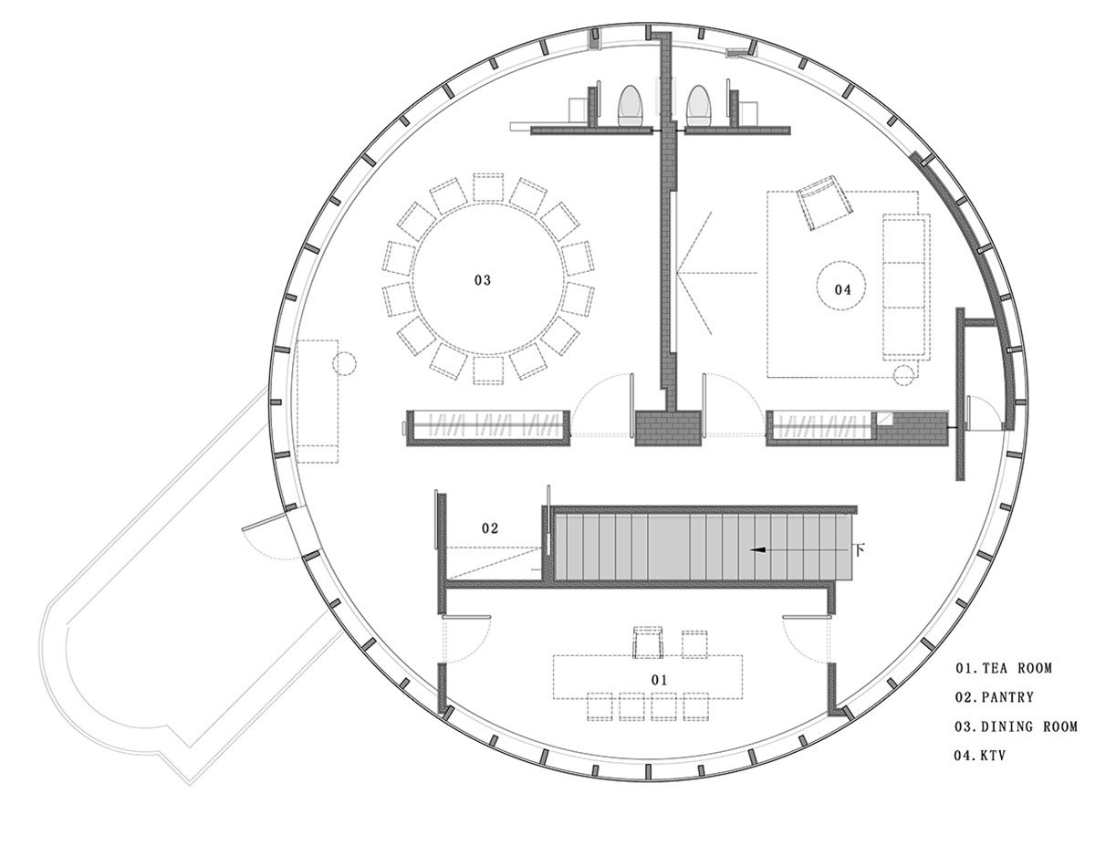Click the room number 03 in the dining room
[482, 280]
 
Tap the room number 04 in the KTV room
[842, 289]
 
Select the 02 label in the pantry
[490, 528]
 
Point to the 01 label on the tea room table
[659, 680]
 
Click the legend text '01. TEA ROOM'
[1004, 668]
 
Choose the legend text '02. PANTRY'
[995, 697]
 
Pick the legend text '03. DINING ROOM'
[1016, 726]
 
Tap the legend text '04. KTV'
[980, 756]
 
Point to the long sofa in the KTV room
[906, 287]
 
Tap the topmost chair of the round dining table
[488, 187]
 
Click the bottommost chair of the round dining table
[488, 371]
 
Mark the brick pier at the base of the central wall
[668, 428]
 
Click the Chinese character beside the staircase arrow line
[860, 548]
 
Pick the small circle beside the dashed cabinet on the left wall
[345, 363]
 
